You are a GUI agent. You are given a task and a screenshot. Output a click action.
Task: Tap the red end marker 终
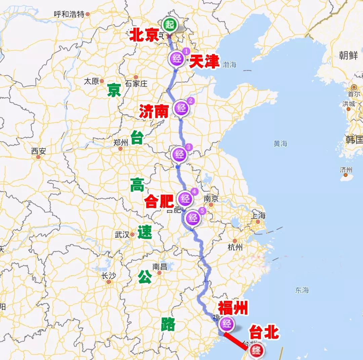point(256,351)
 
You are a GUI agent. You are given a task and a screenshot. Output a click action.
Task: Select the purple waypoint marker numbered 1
point(177,59)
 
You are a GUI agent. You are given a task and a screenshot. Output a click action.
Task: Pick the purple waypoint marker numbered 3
point(180,154)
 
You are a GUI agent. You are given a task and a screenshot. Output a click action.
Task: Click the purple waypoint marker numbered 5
point(193,218)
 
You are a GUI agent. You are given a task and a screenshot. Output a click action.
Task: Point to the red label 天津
point(204,61)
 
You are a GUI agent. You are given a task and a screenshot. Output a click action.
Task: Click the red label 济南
point(154,111)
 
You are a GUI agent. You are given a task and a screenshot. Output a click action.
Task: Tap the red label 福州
point(233,308)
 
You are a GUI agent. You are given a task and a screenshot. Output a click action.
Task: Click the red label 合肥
point(159,201)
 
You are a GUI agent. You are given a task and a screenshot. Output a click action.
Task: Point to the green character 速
point(145,232)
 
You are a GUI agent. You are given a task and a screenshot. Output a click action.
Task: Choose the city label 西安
point(38,151)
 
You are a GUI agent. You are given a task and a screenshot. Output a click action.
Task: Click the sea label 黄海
point(280,143)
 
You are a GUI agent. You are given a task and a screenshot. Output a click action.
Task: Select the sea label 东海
point(302,290)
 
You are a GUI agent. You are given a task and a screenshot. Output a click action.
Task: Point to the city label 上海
point(258,216)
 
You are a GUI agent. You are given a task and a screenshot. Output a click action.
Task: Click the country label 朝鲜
point(349,55)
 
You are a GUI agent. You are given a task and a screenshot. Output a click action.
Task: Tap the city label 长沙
point(108,276)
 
